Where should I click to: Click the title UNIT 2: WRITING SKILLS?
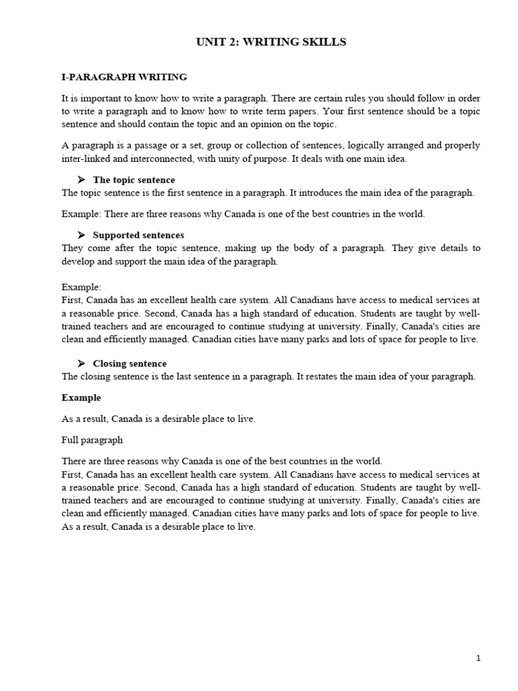click(x=270, y=43)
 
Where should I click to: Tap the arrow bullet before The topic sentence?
click(x=81, y=180)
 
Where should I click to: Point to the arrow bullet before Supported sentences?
click(x=81, y=236)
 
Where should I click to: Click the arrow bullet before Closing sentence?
click(x=81, y=364)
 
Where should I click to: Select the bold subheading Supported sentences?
click(x=138, y=236)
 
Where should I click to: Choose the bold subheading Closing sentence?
click(x=129, y=364)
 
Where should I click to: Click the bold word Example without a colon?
click(x=81, y=397)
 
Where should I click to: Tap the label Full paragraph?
click(x=92, y=440)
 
